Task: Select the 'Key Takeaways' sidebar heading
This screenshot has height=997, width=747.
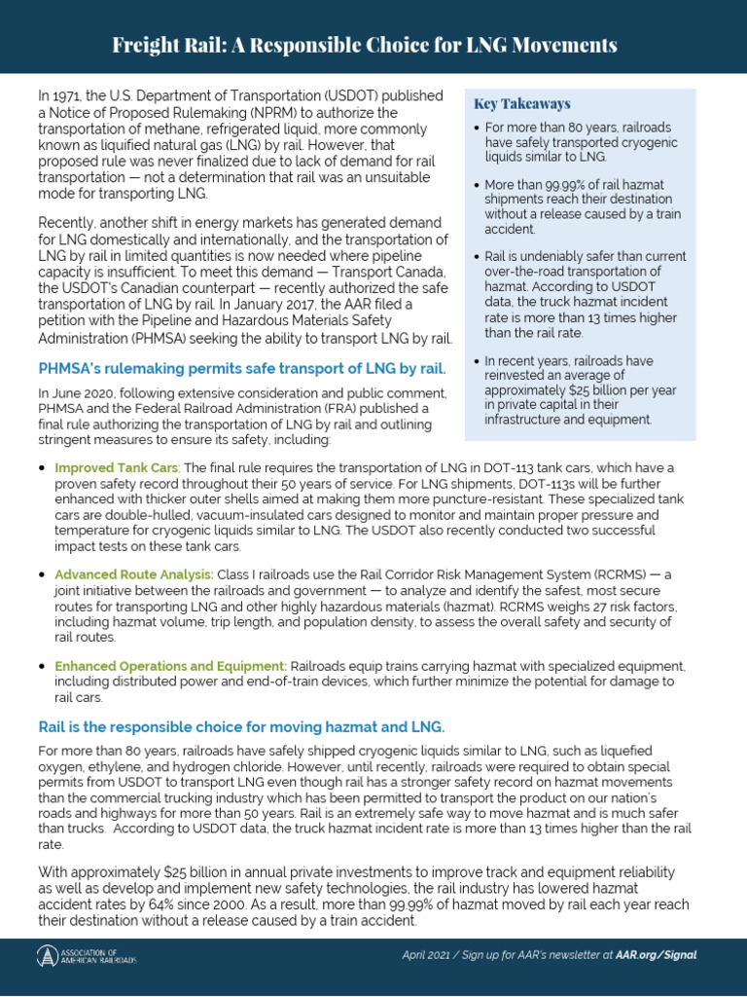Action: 521,104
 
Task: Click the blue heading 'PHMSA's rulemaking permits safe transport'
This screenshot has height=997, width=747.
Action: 241,368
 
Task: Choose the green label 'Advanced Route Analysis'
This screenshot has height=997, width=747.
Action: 133,575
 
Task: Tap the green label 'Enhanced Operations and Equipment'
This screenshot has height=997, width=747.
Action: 170,666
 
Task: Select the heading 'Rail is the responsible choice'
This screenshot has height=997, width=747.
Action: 241,727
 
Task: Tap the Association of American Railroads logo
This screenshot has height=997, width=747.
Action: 87,956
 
